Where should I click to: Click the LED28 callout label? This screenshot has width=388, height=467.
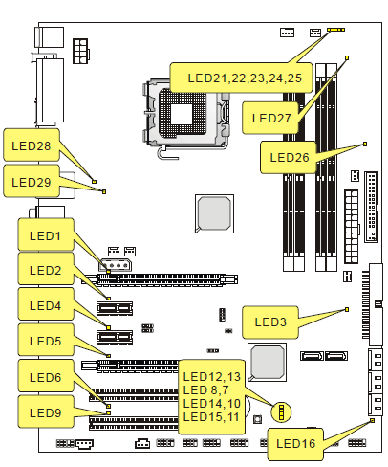[32, 145]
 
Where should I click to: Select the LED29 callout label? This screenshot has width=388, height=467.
[32, 181]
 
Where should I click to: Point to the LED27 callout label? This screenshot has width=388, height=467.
[270, 118]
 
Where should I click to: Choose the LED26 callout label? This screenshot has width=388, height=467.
[289, 157]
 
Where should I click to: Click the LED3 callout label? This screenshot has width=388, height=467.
[270, 322]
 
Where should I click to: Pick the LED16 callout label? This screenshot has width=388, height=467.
[295, 444]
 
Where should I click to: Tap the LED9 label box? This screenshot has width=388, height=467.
[46, 411]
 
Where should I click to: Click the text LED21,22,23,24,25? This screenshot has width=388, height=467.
[245, 78]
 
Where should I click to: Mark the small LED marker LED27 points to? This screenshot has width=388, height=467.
[347, 57]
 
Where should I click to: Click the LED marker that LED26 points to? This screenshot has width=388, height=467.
[365, 144]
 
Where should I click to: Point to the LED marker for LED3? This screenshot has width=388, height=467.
[347, 309]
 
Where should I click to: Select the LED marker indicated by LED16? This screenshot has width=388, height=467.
[373, 421]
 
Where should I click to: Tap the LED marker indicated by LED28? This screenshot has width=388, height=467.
[94, 182]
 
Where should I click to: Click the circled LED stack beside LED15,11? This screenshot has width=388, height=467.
[281, 411]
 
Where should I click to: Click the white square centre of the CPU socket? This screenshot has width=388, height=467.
[182, 114]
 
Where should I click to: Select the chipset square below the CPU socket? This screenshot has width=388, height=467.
[214, 213]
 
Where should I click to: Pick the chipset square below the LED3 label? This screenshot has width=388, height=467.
[267, 362]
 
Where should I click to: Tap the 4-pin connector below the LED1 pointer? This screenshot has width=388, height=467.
[115, 265]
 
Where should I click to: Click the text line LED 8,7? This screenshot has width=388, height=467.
[205, 390]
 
